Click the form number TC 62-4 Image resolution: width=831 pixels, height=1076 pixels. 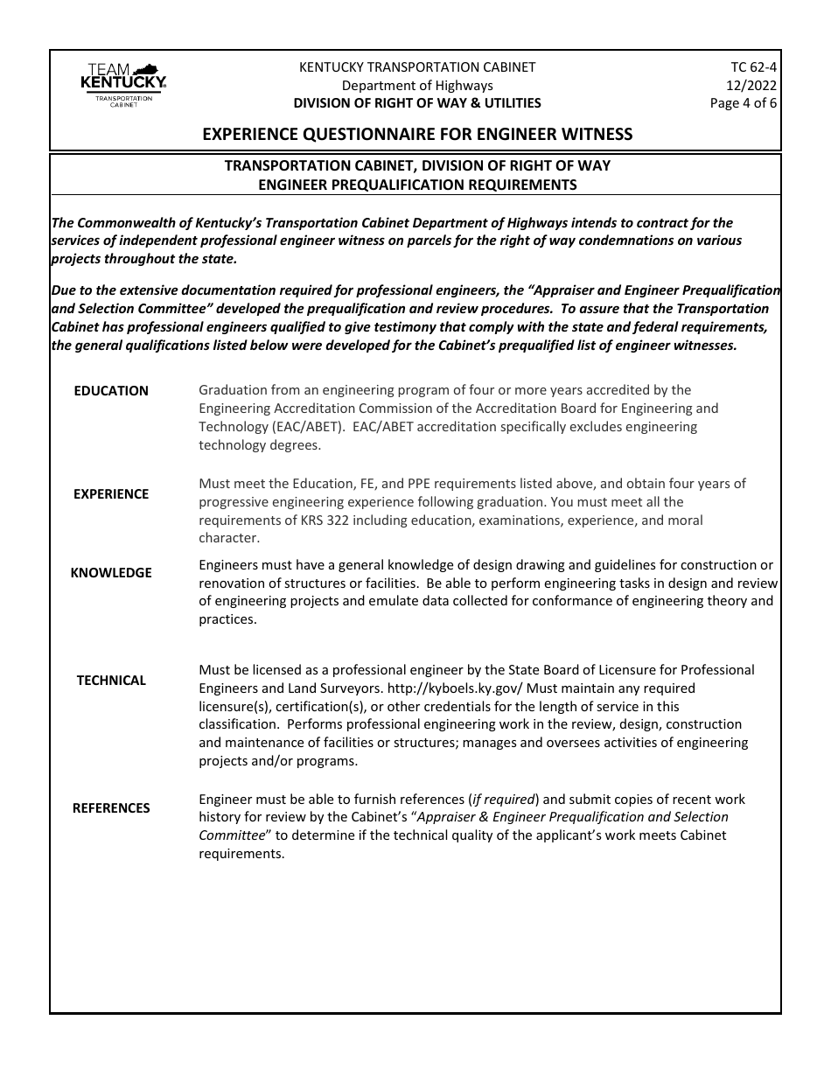coord(753,67)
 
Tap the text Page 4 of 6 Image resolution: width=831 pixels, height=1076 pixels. coord(743,102)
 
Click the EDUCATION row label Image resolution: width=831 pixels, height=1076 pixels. coord(111,391)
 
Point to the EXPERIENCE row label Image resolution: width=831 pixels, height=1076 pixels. coord(111,493)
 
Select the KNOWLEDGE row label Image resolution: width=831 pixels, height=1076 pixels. coord(111,572)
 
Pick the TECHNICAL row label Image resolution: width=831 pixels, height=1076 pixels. coord(111,680)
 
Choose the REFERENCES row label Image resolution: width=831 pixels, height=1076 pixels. coord(111,807)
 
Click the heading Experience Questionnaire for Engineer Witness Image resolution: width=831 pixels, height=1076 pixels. coord(417,134)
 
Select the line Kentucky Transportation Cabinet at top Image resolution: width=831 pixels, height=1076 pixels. coord(417,67)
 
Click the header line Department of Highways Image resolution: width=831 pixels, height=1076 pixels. coord(417,85)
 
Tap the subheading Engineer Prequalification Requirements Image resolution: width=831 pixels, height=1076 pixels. coord(417,184)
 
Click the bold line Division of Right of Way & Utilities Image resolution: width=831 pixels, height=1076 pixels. coord(417,102)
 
